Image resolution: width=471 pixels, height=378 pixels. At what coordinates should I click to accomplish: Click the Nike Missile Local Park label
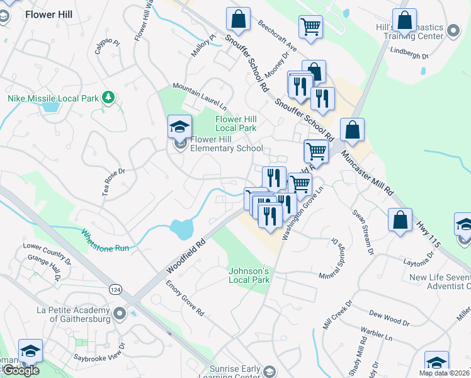click(x=54, y=99)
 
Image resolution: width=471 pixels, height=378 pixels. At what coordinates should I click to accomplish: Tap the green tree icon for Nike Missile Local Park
click(x=109, y=97)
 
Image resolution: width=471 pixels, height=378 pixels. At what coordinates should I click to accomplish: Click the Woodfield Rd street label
click(x=186, y=255)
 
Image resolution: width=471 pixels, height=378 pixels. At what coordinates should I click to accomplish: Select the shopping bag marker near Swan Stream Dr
click(x=400, y=220)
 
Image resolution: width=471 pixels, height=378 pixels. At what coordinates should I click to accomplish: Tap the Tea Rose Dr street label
click(x=115, y=180)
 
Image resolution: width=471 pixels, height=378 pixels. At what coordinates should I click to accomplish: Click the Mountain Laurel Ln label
click(x=200, y=95)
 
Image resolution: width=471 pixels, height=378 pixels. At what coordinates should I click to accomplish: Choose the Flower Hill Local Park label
click(x=236, y=123)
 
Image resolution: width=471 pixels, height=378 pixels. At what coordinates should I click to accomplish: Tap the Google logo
click(x=21, y=370)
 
